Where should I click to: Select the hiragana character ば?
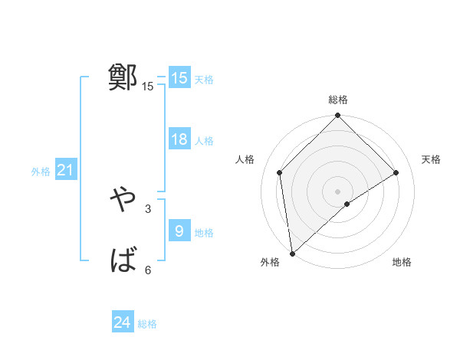[123, 261]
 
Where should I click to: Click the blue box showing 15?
[179, 77]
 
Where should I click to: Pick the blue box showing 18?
[179, 139]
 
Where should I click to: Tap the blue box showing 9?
[179, 231]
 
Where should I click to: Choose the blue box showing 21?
[65, 170]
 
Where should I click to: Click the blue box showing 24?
[123, 322]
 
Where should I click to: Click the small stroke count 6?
[147, 270]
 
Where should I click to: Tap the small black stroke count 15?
[147, 87]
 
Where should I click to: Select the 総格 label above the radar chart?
[337, 100]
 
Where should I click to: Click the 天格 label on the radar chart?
[431, 159]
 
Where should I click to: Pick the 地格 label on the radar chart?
[402, 262]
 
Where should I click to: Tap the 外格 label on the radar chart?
[270, 262]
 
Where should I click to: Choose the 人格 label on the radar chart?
[245, 159]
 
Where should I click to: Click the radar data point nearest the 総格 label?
[337, 117]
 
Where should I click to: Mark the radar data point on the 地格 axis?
[347, 204]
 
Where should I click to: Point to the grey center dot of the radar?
[337, 191]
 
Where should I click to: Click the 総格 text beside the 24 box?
[147, 324]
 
